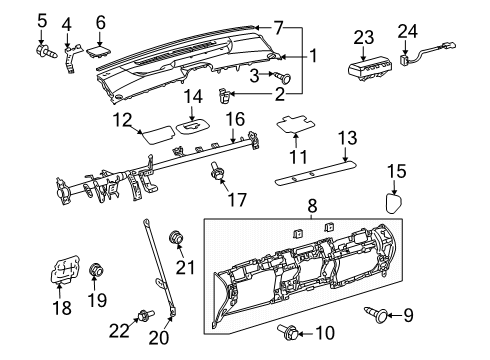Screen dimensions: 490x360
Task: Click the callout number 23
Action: point(363,38)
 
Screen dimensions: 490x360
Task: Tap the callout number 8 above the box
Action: point(312,206)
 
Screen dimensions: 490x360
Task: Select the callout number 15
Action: point(396,171)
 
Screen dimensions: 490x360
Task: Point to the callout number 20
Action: point(159,338)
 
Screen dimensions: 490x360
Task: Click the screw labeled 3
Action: point(282,77)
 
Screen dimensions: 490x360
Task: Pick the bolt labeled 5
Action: point(46,51)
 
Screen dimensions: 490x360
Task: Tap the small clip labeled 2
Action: point(224,95)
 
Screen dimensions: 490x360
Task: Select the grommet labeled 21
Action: point(176,238)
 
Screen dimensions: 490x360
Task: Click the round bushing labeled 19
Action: point(96,269)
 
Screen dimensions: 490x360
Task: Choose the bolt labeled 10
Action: point(288,332)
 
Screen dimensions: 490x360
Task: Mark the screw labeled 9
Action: point(377,314)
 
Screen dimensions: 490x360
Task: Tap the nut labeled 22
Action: point(145,315)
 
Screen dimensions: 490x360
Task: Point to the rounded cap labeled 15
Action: point(393,203)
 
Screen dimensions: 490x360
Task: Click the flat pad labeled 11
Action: point(296,123)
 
